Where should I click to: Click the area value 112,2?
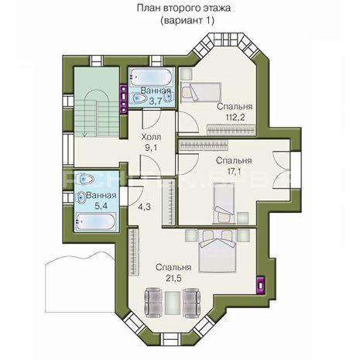(235, 118)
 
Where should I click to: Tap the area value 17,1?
(235, 171)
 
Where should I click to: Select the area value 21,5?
(173, 278)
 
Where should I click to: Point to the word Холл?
(151, 137)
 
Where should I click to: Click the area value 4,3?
(144, 207)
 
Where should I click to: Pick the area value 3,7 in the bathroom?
(156, 101)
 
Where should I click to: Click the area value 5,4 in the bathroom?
(101, 206)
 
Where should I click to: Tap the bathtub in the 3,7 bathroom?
(151, 77)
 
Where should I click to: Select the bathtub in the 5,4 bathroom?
(96, 221)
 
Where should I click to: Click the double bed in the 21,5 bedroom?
(217, 251)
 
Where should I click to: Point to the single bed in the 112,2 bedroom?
(201, 92)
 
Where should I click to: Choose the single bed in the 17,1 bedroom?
(224, 203)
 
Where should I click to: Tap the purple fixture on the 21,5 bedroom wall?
(260, 286)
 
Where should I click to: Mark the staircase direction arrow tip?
(84, 136)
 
